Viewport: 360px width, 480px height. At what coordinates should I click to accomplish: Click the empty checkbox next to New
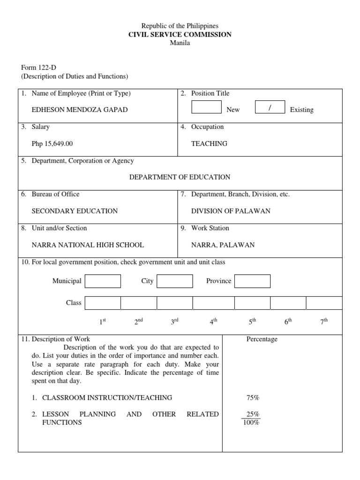206,107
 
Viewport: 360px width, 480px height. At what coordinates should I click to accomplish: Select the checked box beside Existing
270,107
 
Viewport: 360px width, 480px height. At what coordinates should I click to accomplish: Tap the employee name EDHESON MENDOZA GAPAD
80,110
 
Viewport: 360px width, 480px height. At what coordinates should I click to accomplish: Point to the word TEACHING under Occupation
209,143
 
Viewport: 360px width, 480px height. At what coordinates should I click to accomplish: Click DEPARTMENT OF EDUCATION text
180,177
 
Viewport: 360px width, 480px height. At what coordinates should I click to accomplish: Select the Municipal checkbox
103,281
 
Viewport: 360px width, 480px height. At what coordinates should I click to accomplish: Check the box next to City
174,281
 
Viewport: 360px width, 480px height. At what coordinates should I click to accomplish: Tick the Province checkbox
252,281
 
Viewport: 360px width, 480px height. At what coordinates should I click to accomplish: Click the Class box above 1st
103,303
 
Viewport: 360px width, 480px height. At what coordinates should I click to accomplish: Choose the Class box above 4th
213,303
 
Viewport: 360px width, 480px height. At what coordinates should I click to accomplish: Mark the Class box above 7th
324,303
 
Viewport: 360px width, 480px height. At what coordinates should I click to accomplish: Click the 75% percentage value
253,397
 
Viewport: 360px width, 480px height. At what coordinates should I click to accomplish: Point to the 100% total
251,423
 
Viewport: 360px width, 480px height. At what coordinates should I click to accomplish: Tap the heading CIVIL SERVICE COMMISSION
180,35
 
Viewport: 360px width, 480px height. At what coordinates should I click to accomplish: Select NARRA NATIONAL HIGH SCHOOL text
88,245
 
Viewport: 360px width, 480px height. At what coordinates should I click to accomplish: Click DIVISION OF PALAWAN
231,211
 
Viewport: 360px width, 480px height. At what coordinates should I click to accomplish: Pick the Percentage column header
262,339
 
